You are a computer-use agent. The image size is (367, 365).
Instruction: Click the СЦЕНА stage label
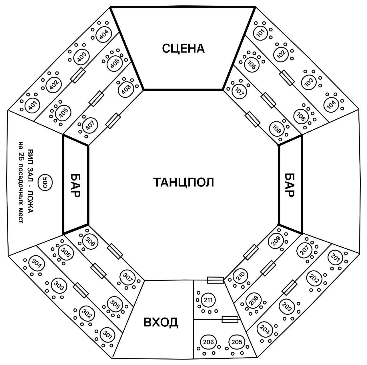183,48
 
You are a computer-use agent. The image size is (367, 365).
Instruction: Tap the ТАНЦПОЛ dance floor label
183,182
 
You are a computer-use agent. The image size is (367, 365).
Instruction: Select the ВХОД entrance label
161,322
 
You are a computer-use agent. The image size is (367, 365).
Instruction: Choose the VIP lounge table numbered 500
44,182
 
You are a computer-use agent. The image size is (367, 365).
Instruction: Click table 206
208,342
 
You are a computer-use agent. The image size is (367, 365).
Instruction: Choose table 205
236,342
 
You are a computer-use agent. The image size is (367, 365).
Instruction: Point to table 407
90,125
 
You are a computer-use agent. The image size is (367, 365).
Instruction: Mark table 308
90,242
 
